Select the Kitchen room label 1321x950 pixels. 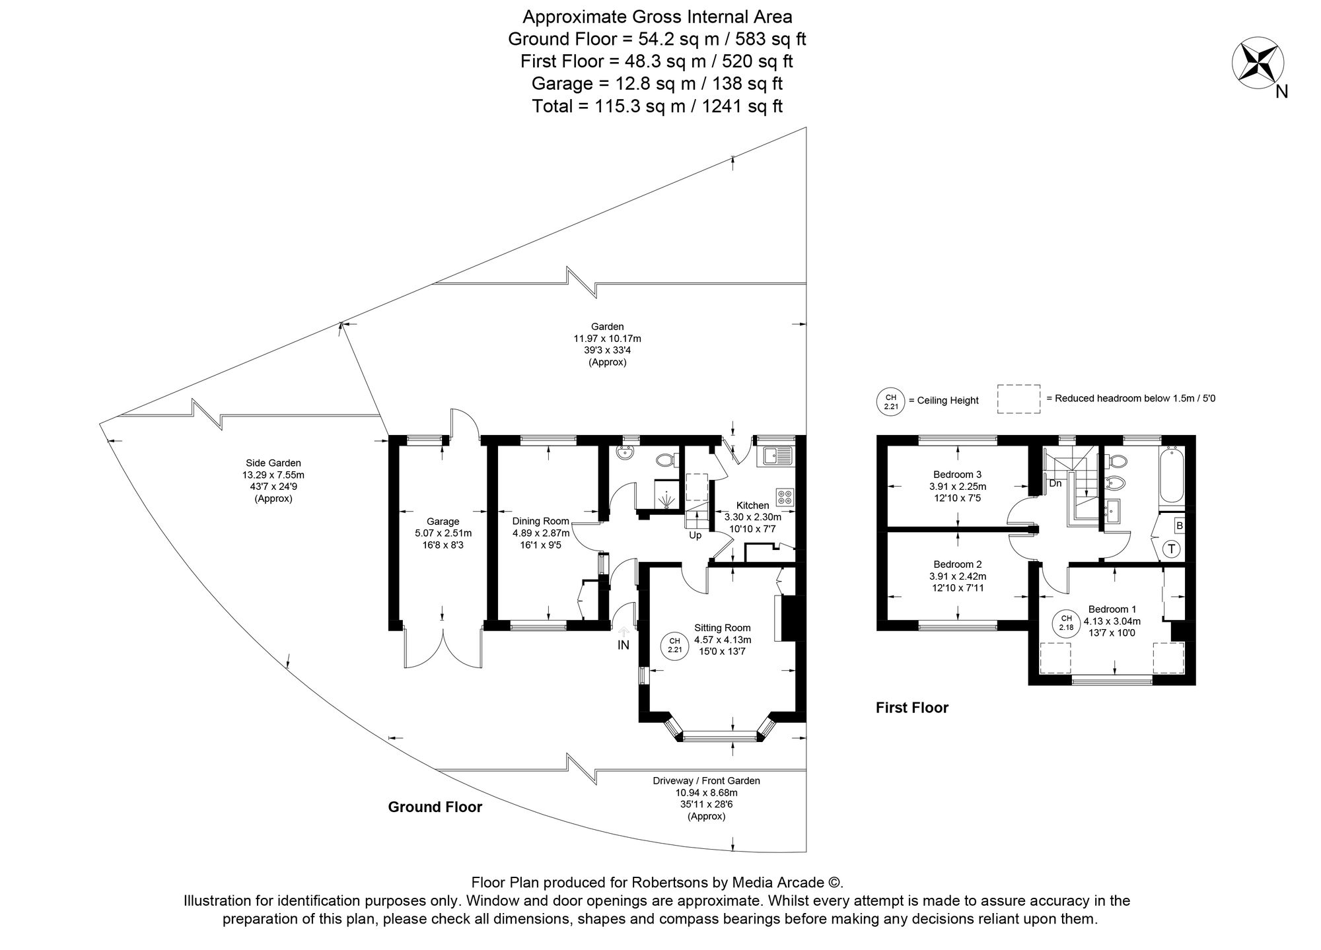(x=752, y=506)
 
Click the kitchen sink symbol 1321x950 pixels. (x=777, y=455)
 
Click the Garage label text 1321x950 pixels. (x=442, y=522)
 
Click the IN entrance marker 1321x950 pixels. (x=623, y=645)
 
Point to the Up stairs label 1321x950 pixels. (x=695, y=535)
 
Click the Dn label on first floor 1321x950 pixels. (x=1055, y=483)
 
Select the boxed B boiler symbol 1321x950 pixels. (x=1179, y=526)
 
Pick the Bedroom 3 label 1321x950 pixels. (x=957, y=474)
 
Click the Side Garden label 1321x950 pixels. (x=273, y=463)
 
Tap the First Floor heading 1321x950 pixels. (x=911, y=708)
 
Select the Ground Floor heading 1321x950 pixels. (x=435, y=807)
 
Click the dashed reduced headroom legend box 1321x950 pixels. (x=1018, y=399)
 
